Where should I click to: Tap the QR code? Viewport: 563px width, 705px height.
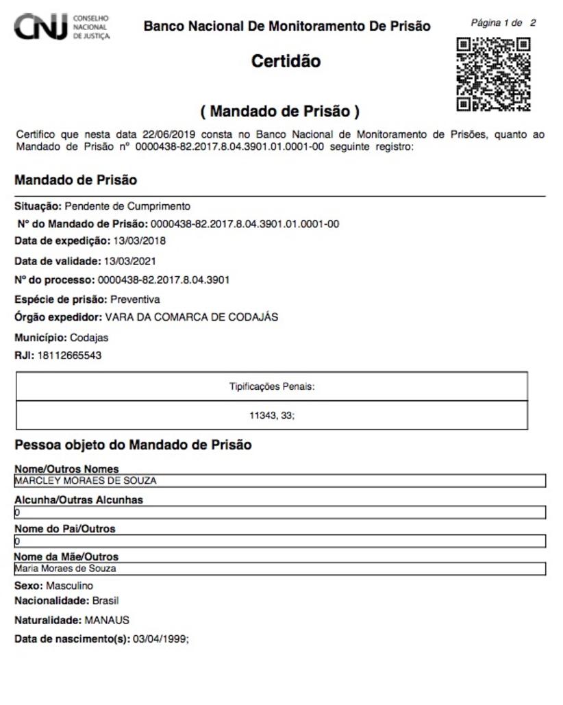(493, 74)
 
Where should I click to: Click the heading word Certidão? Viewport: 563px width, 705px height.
(286, 61)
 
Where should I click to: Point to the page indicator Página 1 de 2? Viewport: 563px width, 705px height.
(503, 23)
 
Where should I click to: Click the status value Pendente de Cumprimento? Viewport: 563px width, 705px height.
(127, 206)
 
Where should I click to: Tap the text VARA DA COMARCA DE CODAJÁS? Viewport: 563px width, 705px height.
(191, 317)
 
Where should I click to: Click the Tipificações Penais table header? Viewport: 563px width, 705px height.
(271, 386)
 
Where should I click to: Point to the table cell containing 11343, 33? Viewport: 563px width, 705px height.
(271, 415)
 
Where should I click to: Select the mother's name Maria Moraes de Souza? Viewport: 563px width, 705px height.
(66, 569)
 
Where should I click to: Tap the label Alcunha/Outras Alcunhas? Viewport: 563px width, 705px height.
(79, 500)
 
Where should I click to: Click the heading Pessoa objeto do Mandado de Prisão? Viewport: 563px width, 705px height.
(133, 445)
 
